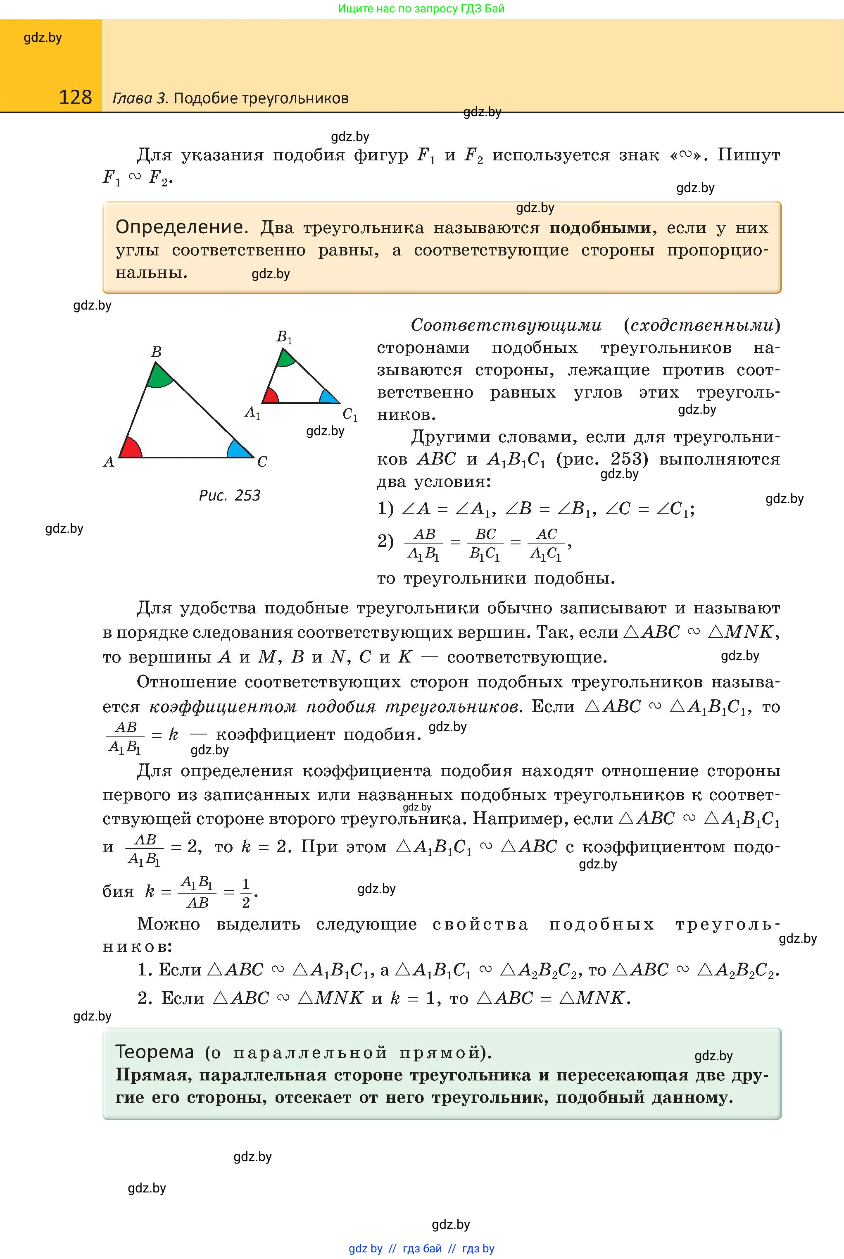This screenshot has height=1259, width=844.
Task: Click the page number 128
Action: (x=75, y=97)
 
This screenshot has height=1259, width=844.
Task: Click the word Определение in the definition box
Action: (x=179, y=227)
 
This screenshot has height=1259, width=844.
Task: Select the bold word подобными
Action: (x=599, y=228)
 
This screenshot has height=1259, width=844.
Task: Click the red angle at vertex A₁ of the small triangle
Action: (x=270, y=397)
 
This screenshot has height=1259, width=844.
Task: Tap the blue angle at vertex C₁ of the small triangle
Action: (x=327, y=397)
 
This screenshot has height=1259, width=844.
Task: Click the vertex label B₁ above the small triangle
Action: (x=284, y=337)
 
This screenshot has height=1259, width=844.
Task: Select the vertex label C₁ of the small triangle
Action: (x=350, y=415)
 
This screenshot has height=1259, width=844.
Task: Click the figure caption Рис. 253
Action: (x=229, y=496)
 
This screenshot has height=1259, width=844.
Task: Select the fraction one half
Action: (x=246, y=893)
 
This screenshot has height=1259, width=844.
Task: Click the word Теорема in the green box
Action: (x=155, y=1052)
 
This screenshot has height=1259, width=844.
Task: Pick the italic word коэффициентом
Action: (x=223, y=706)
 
